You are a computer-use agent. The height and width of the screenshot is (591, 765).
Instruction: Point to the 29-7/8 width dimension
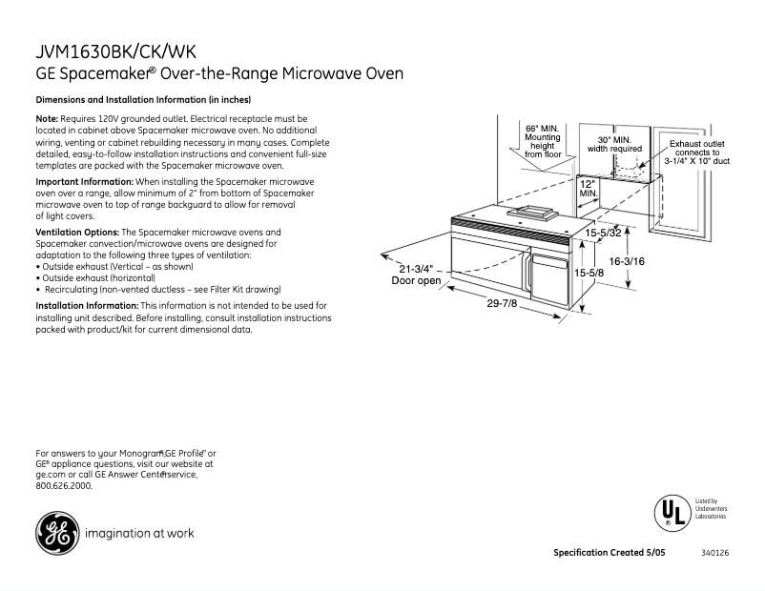[x=502, y=303]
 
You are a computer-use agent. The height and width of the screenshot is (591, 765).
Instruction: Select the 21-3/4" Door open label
[x=416, y=275]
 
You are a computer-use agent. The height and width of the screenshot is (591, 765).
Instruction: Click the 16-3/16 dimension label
[x=627, y=261]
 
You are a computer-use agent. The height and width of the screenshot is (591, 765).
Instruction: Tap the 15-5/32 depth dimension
[x=603, y=233]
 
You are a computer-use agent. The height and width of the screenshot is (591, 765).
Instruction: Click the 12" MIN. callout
[x=588, y=188]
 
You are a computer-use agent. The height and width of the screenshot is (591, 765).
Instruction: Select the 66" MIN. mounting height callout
[x=543, y=140]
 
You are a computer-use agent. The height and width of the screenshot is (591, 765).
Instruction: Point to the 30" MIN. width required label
[x=614, y=144]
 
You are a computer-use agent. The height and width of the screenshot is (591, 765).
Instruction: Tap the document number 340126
[x=714, y=553]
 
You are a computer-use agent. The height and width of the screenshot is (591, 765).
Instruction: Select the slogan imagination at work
[x=139, y=533]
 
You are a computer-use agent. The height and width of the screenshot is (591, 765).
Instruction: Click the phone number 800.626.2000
[x=64, y=485]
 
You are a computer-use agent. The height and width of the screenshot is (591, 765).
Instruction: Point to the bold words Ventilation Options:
[x=77, y=233]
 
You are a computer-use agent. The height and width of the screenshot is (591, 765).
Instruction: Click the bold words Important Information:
[x=84, y=181]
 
